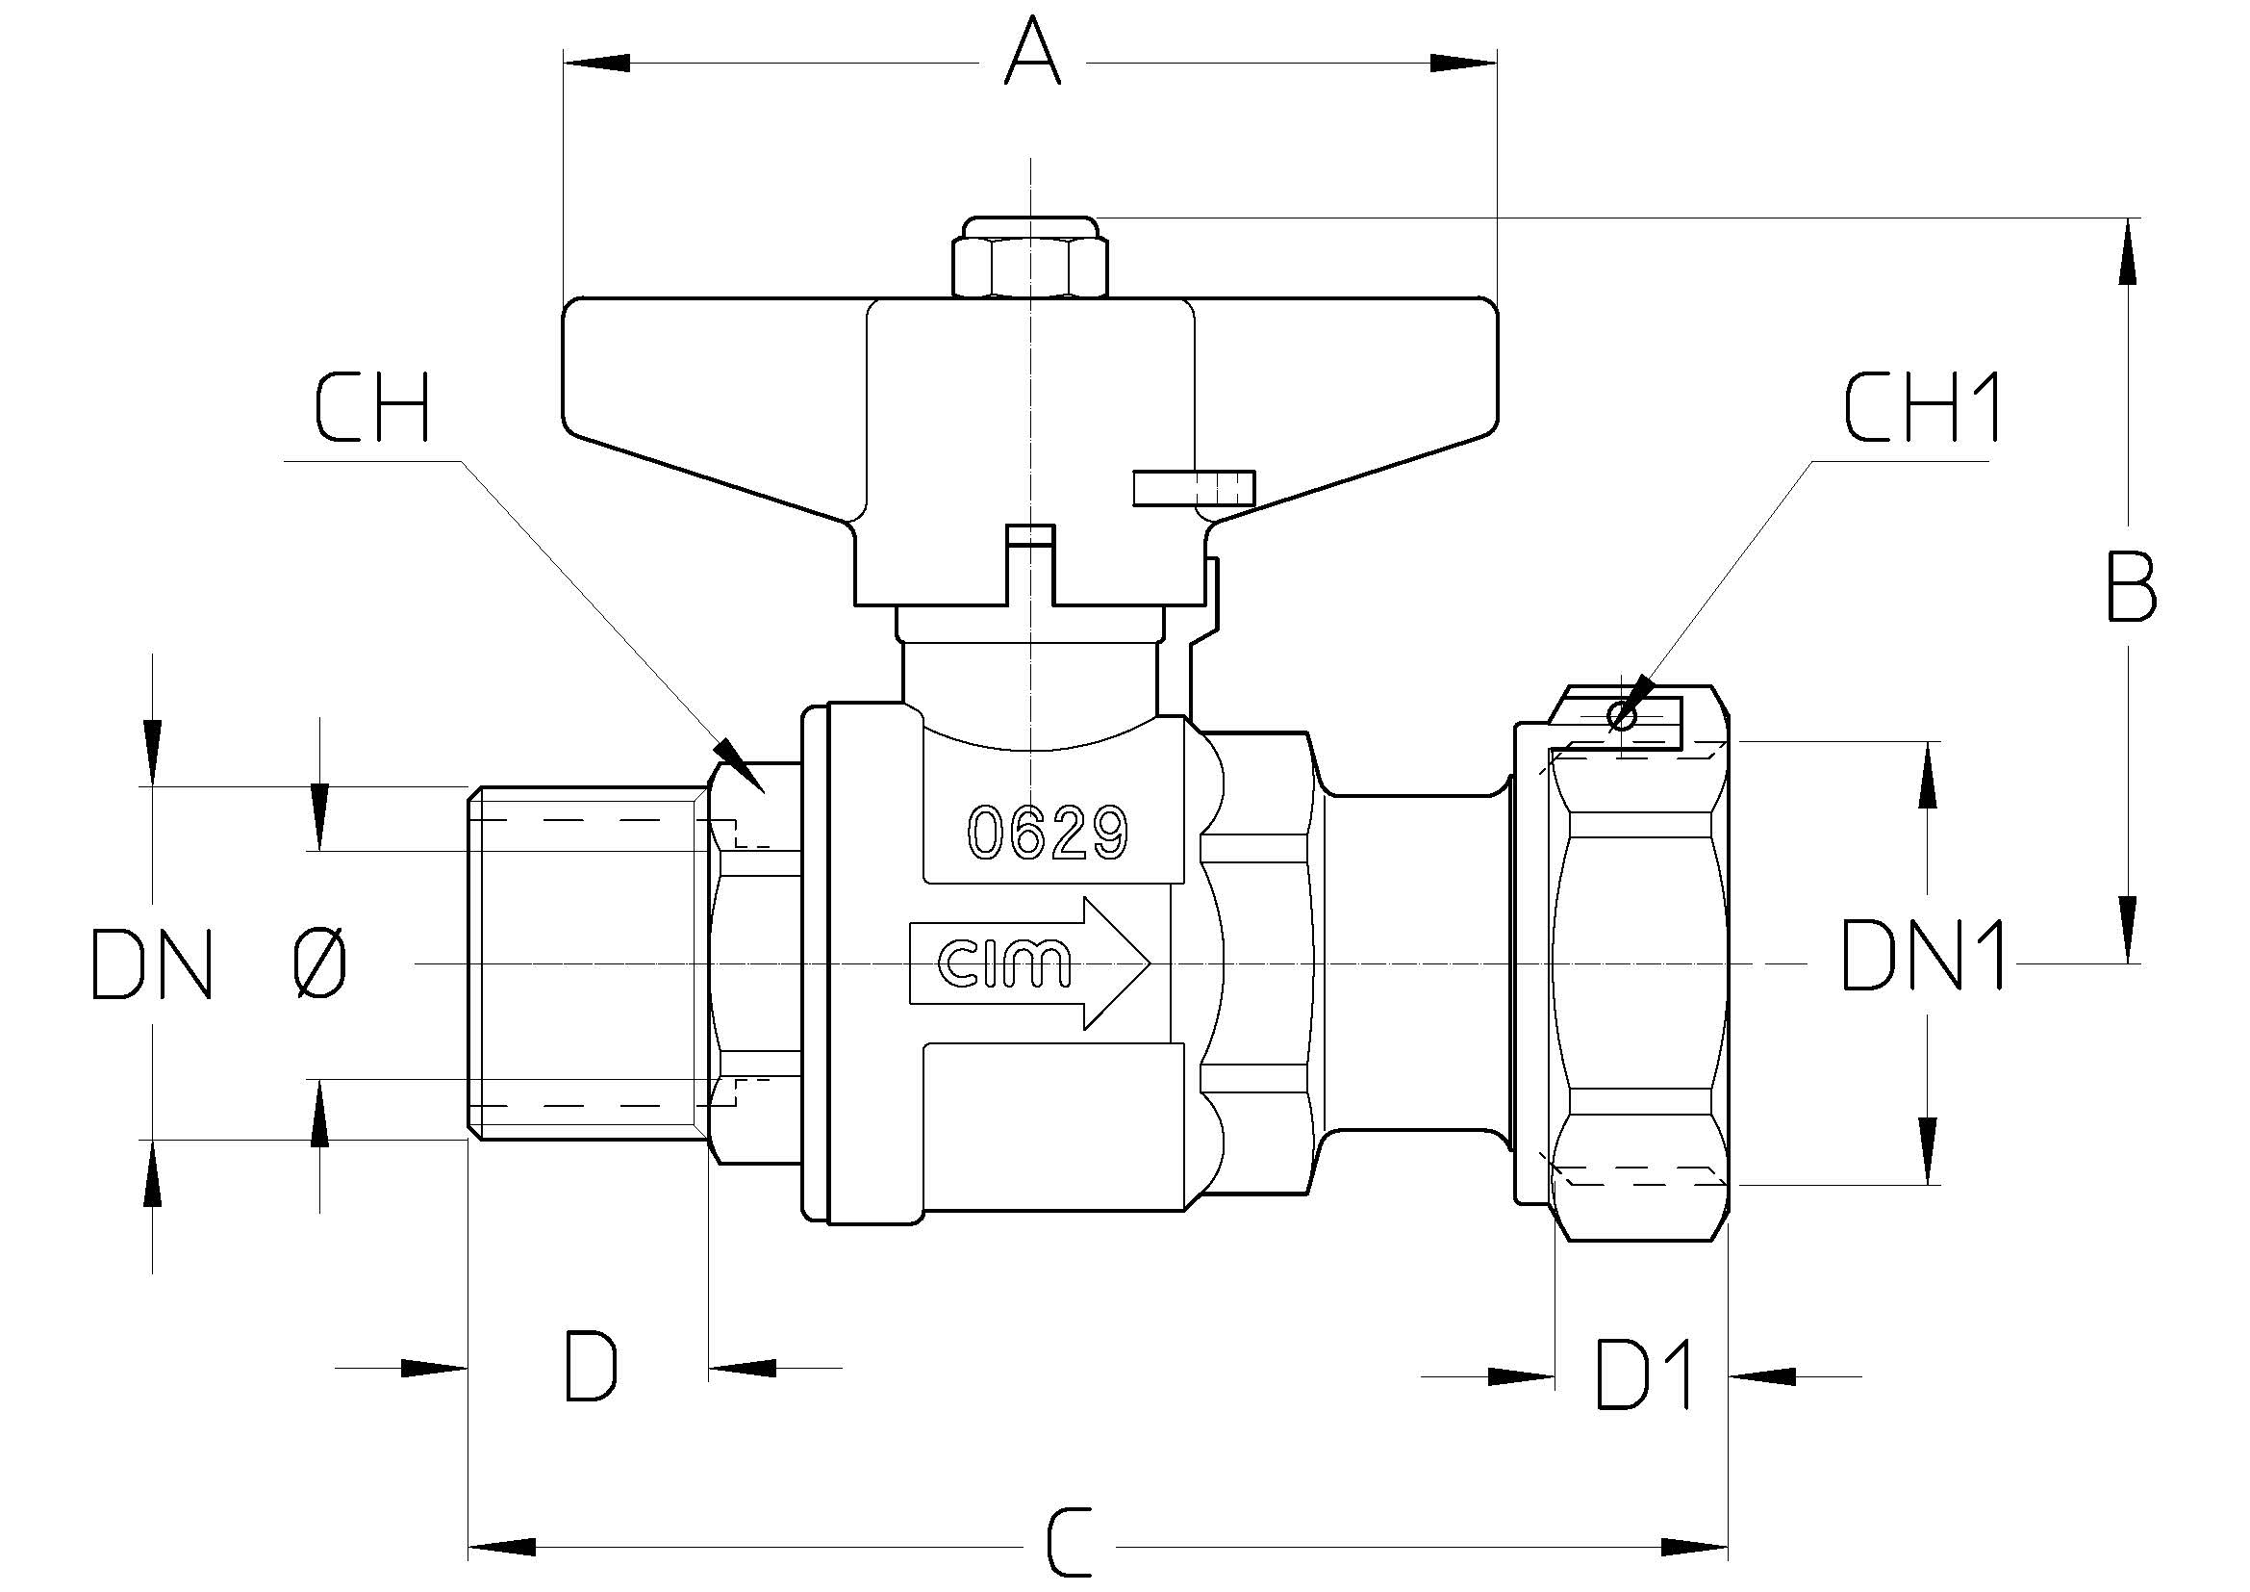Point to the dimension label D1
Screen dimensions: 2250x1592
tap(1645, 1375)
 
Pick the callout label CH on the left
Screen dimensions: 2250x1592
tap(373, 407)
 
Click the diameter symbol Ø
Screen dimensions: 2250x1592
tap(320, 963)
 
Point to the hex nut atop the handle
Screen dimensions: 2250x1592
tap(1031, 258)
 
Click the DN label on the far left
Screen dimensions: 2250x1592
tap(152, 965)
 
